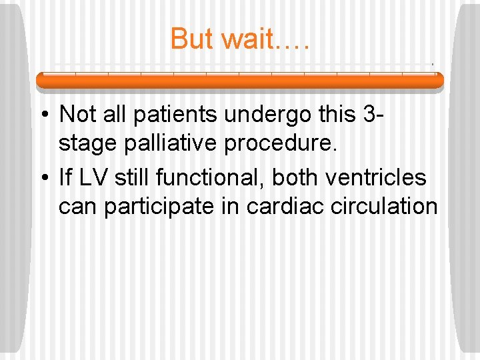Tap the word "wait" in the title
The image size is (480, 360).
coord(247,39)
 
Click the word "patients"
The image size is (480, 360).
coord(175,115)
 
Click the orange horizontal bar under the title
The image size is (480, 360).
coord(239,81)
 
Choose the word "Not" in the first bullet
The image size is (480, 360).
coord(77,115)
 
